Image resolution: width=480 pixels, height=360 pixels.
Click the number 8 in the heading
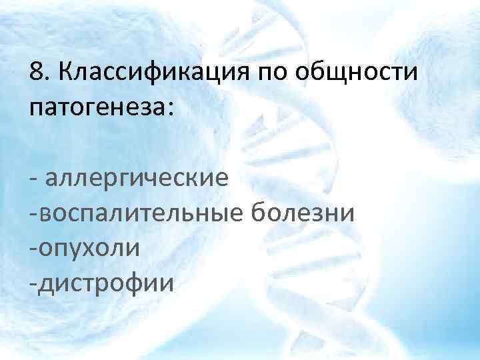click(37, 71)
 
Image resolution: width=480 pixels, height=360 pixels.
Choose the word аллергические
click(137, 179)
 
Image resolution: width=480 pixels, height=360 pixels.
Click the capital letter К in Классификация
click(65, 71)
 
